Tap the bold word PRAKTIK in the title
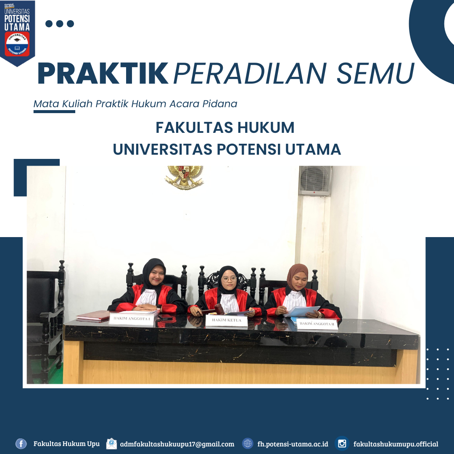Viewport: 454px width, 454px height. pos(103,73)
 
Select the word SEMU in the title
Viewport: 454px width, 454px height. pos(375,73)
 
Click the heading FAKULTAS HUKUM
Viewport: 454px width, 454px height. pos(225,127)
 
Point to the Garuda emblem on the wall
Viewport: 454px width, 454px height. pos(184,177)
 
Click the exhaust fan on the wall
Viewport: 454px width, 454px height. pos(315,181)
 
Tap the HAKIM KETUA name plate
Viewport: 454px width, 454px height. pos(227,320)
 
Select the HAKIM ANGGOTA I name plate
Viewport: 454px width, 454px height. pos(132,319)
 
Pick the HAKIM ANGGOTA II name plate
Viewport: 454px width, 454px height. pos(317,324)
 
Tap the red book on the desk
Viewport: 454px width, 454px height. pos(93,316)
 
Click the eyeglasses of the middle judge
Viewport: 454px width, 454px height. pos(230,279)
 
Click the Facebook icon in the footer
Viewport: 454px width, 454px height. pos(21,443)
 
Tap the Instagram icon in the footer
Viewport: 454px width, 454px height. pos(342,443)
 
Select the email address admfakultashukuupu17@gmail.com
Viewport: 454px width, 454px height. pos(177,444)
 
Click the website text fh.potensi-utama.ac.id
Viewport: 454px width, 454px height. pos(293,444)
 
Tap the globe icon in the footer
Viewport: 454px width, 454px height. pos(248,443)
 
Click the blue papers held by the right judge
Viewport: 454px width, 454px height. pos(303,311)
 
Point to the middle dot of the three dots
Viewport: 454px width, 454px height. pos(60,24)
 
